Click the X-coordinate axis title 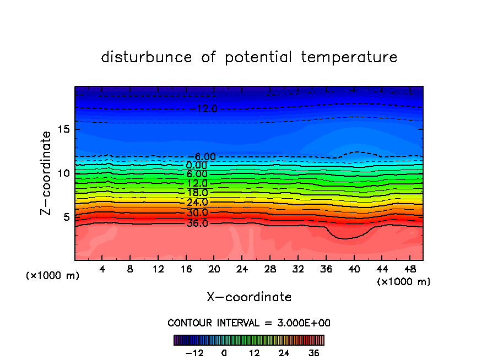click(x=249, y=297)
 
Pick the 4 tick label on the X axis click(x=102, y=270)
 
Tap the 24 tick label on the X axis click(x=242, y=270)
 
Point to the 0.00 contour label click(x=197, y=165)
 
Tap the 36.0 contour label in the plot click(x=197, y=223)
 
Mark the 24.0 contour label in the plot click(x=197, y=203)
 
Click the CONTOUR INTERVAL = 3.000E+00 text click(x=248, y=323)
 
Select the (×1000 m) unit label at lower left click(x=53, y=276)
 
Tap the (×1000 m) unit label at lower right click(x=404, y=282)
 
